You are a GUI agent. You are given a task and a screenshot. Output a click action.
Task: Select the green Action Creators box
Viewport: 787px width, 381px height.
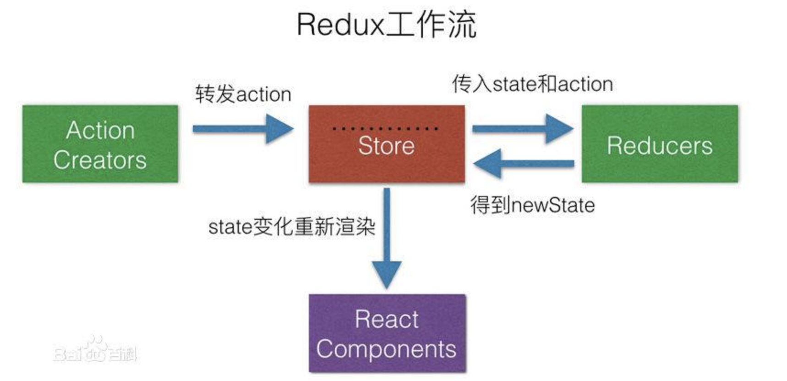100,144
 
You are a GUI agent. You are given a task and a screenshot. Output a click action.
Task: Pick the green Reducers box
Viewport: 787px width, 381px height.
660,144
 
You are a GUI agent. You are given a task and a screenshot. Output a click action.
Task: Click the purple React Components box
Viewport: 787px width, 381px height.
387,333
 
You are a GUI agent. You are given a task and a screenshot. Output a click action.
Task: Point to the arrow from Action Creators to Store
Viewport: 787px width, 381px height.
242,129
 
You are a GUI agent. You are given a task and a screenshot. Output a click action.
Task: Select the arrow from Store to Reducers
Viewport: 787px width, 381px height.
522,129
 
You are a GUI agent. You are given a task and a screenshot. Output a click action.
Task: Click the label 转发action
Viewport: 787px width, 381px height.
243,94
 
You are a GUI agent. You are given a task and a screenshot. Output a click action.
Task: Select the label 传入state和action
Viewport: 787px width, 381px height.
532,84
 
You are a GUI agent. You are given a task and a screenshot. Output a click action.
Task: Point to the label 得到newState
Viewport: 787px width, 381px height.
532,205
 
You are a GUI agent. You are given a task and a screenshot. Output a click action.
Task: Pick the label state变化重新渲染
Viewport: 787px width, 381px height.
292,226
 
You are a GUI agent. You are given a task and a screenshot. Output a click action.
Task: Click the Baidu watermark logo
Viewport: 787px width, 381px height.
95,351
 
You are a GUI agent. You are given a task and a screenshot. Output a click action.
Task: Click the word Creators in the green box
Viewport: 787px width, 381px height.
100,160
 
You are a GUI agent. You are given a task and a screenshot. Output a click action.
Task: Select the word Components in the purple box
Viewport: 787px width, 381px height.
386,349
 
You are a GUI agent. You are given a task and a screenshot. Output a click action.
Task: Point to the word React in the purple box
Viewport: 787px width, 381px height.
387,319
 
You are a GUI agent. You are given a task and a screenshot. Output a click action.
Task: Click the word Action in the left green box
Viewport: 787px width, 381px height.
100,130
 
